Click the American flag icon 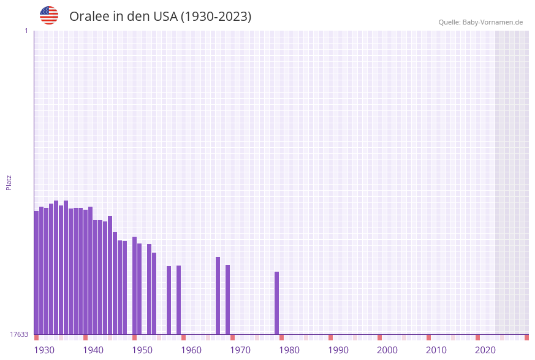[49, 15]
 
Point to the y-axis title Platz [9, 182]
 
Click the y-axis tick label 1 [26, 31]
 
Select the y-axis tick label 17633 [19, 334]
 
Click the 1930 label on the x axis [44, 350]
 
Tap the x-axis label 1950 [142, 350]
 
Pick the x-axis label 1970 [240, 350]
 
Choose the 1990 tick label [338, 350]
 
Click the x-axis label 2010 [436, 350]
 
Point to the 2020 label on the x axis [485, 350]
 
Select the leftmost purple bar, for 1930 [36, 272]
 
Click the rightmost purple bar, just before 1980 [276, 303]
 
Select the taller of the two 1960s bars [218, 296]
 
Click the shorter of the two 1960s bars [227, 299]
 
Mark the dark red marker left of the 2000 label [379, 337]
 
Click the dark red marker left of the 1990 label [330, 337]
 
